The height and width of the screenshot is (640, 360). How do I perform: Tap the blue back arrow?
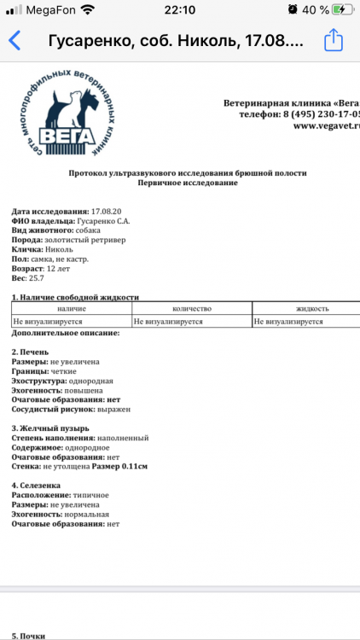click(15, 41)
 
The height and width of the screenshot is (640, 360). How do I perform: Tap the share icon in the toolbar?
click(334, 40)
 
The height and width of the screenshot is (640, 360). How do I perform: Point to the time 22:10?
click(180, 9)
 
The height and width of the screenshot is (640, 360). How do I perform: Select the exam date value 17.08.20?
click(106, 211)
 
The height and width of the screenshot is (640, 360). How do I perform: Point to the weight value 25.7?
click(36, 278)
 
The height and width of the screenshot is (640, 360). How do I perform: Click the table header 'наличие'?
click(71, 308)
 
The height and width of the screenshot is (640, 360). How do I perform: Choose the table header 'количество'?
click(191, 308)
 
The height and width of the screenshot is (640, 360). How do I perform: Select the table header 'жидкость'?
click(312, 308)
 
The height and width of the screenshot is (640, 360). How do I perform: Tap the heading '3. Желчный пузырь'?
click(49, 428)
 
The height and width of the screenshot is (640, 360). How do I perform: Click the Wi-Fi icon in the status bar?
click(88, 9)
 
